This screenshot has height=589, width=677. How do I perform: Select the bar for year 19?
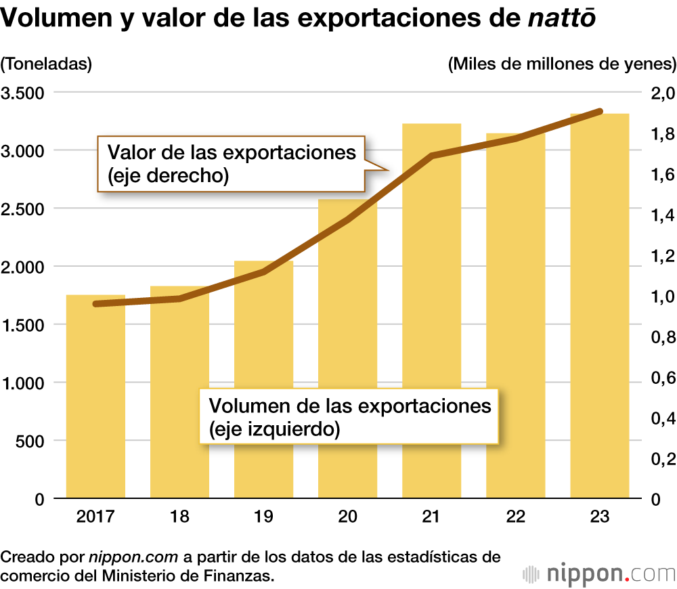pos(263,379)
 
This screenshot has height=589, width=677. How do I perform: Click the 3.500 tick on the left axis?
pos(24,93)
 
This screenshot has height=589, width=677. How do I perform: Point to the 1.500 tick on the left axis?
pos(24,325)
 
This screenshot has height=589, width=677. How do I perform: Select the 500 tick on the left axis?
pos(30,441)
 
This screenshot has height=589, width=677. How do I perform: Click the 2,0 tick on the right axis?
pos(662,93)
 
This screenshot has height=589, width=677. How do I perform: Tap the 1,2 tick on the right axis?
pos(662,256)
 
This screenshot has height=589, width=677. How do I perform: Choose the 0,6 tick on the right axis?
pos(662,378)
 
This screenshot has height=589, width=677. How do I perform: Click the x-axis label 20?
pos(347,517)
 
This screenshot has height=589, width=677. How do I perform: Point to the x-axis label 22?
pos(515,517)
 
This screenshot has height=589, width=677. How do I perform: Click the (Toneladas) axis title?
pos(46,64)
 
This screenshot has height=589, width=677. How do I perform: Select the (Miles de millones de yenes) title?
pos(561,64)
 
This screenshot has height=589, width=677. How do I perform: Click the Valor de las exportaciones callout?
pos(230,163)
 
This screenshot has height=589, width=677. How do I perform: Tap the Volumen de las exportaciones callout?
pos(349,416)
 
